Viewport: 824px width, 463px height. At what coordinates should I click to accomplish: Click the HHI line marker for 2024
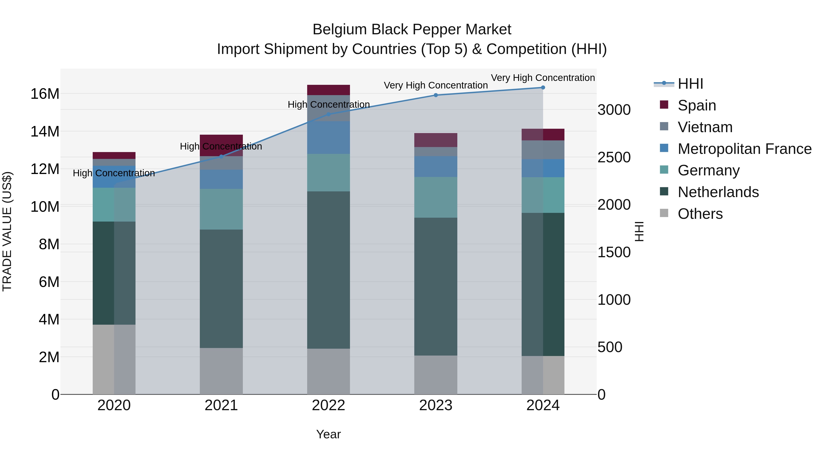point(543,88)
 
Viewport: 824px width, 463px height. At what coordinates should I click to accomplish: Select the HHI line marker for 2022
point(328,114)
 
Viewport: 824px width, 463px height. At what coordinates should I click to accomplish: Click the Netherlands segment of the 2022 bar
point(328,270)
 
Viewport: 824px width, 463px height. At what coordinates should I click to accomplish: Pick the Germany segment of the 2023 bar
point(436,198)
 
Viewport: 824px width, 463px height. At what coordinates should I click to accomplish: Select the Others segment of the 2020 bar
point(114,359)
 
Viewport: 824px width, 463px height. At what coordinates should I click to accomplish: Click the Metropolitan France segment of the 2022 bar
point(328,137)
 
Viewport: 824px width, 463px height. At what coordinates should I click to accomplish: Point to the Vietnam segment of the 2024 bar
point(543,150)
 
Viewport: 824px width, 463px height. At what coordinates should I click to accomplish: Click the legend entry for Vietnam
point(705,127)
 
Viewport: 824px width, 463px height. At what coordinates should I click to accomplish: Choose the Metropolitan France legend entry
point(744,149)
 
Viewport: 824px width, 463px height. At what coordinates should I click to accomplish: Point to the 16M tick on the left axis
point(45,94)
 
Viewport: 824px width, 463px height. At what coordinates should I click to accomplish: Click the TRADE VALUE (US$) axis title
point(7,231)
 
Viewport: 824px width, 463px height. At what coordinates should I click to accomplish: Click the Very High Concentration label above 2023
point(436,85)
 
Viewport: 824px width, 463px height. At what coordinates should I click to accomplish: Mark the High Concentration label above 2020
point(114,173)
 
